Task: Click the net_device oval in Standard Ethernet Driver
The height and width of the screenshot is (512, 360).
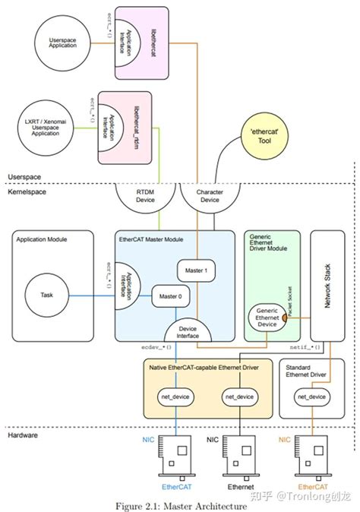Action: (312, 397)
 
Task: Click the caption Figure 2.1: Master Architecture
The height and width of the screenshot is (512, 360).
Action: (180, 504)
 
